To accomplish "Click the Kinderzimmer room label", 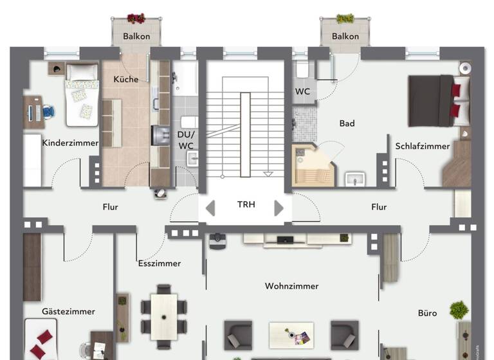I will [70, 143].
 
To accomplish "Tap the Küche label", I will [126, 79].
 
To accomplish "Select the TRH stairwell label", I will [246, 204].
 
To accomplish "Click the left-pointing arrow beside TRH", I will [210, 208].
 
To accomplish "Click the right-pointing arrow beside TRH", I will [279, 208].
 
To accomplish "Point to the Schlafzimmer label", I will [423, 146].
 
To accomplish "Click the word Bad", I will [347, 123].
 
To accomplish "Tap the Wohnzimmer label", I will [292, 286].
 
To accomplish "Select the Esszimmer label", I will [160, 263].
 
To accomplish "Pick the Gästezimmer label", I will [69, 311].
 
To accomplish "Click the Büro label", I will [428, 313].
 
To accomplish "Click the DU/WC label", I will [186, 140].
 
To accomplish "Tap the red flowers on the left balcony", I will [136, 19].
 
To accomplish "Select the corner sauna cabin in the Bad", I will [313, 165].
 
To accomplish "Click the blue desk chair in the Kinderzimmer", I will [49, 113].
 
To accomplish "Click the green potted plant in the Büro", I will [459, 310].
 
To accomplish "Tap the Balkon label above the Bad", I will [345, 37].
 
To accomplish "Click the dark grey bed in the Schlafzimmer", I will [434, 100].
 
